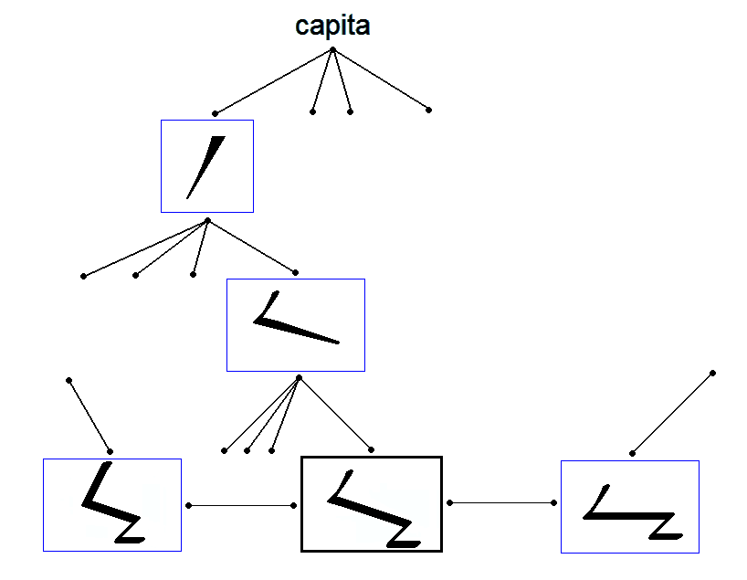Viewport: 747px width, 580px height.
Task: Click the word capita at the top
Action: pyautogui.click(x=332, y=26)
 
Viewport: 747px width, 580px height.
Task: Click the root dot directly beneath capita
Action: pyautogui.click(x=332, y=49)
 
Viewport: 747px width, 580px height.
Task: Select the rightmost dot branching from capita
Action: pyautogui.click(x=428, y=110)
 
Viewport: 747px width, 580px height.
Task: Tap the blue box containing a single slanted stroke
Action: pyautogui.click(x=207, y=166)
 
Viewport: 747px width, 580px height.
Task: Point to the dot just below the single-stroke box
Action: pyautogui.click(x=207, y=220)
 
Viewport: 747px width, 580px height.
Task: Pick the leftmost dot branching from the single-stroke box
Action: pyautogui.click(x=83, y=276)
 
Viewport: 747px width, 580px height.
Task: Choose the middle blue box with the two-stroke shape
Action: pyautogui.click(x=296, y=325)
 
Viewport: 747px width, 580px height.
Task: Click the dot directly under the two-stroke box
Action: pyautogui.click(x=299, y=377)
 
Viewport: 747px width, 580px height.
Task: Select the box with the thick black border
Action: pyautogui.click(x=372, y=504)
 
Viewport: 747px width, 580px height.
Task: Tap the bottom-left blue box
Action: pyautogui.click(x=112, y=505)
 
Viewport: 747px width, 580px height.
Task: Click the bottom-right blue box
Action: pyautogui.click(x=629, y=506)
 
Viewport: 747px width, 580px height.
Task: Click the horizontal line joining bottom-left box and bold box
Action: pyautogui.click(x=241, y=505)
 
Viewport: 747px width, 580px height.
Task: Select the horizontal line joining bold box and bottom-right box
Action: pyautogui.click(x=502, y=502)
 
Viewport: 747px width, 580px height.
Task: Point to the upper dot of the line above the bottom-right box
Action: pyautogui.click(x=712, y=373)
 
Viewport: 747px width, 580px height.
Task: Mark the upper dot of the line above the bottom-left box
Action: pyautogui.click(x=68, y=379)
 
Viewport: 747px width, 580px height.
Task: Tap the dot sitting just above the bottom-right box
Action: pyautogui.click(x=631, y=452)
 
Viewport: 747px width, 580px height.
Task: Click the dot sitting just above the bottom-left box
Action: pyautogui.click(x=110, y=451)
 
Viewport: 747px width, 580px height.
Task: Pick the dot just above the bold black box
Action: pyautogui.click(x=372, y=450)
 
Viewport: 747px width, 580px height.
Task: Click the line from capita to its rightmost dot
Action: pyautogui.click(x=381, y=79)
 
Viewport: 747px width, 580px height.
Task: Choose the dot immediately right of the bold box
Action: pyautogui.click(x=450, y=502)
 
